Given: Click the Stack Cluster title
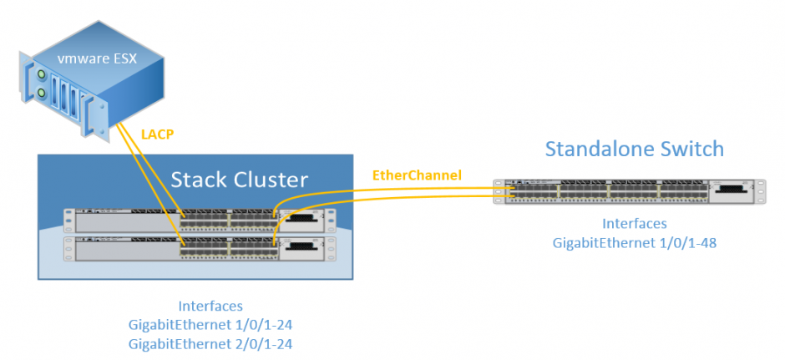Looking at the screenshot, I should tap(239, 180).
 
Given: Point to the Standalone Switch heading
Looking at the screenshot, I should tap(634, 150).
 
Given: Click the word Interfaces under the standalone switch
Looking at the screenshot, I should tap(635, 224).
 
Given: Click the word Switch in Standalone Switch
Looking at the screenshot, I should tap(690, 150).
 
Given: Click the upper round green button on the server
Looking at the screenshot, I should tap(39, 76).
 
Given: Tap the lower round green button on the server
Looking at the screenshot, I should tap(39, 94).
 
